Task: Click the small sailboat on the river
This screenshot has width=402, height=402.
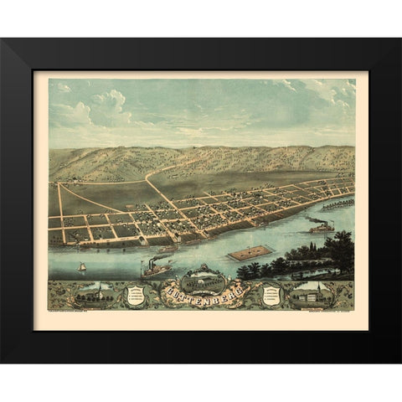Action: point(82,267)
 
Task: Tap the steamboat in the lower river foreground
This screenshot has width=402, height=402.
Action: point(156,269)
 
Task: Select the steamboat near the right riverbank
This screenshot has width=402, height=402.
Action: point(321,225)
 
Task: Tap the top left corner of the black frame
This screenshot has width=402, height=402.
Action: point(3,40)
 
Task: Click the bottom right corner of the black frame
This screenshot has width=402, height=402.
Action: point(399,362)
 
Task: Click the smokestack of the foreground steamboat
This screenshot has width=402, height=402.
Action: point(152,262)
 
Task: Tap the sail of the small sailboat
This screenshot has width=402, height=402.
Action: point(82,265)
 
